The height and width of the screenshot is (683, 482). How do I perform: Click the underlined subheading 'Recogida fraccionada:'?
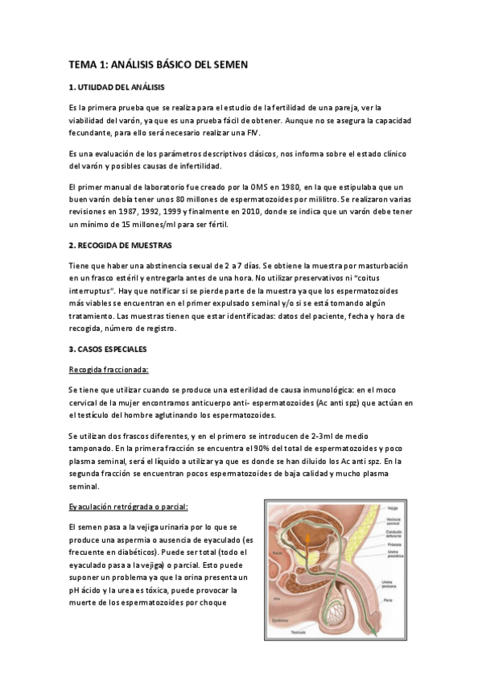pyautogui.click(x=109, y=370)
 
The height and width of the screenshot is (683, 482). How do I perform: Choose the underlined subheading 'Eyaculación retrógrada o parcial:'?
pyautogui.click(x=128, y=506)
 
